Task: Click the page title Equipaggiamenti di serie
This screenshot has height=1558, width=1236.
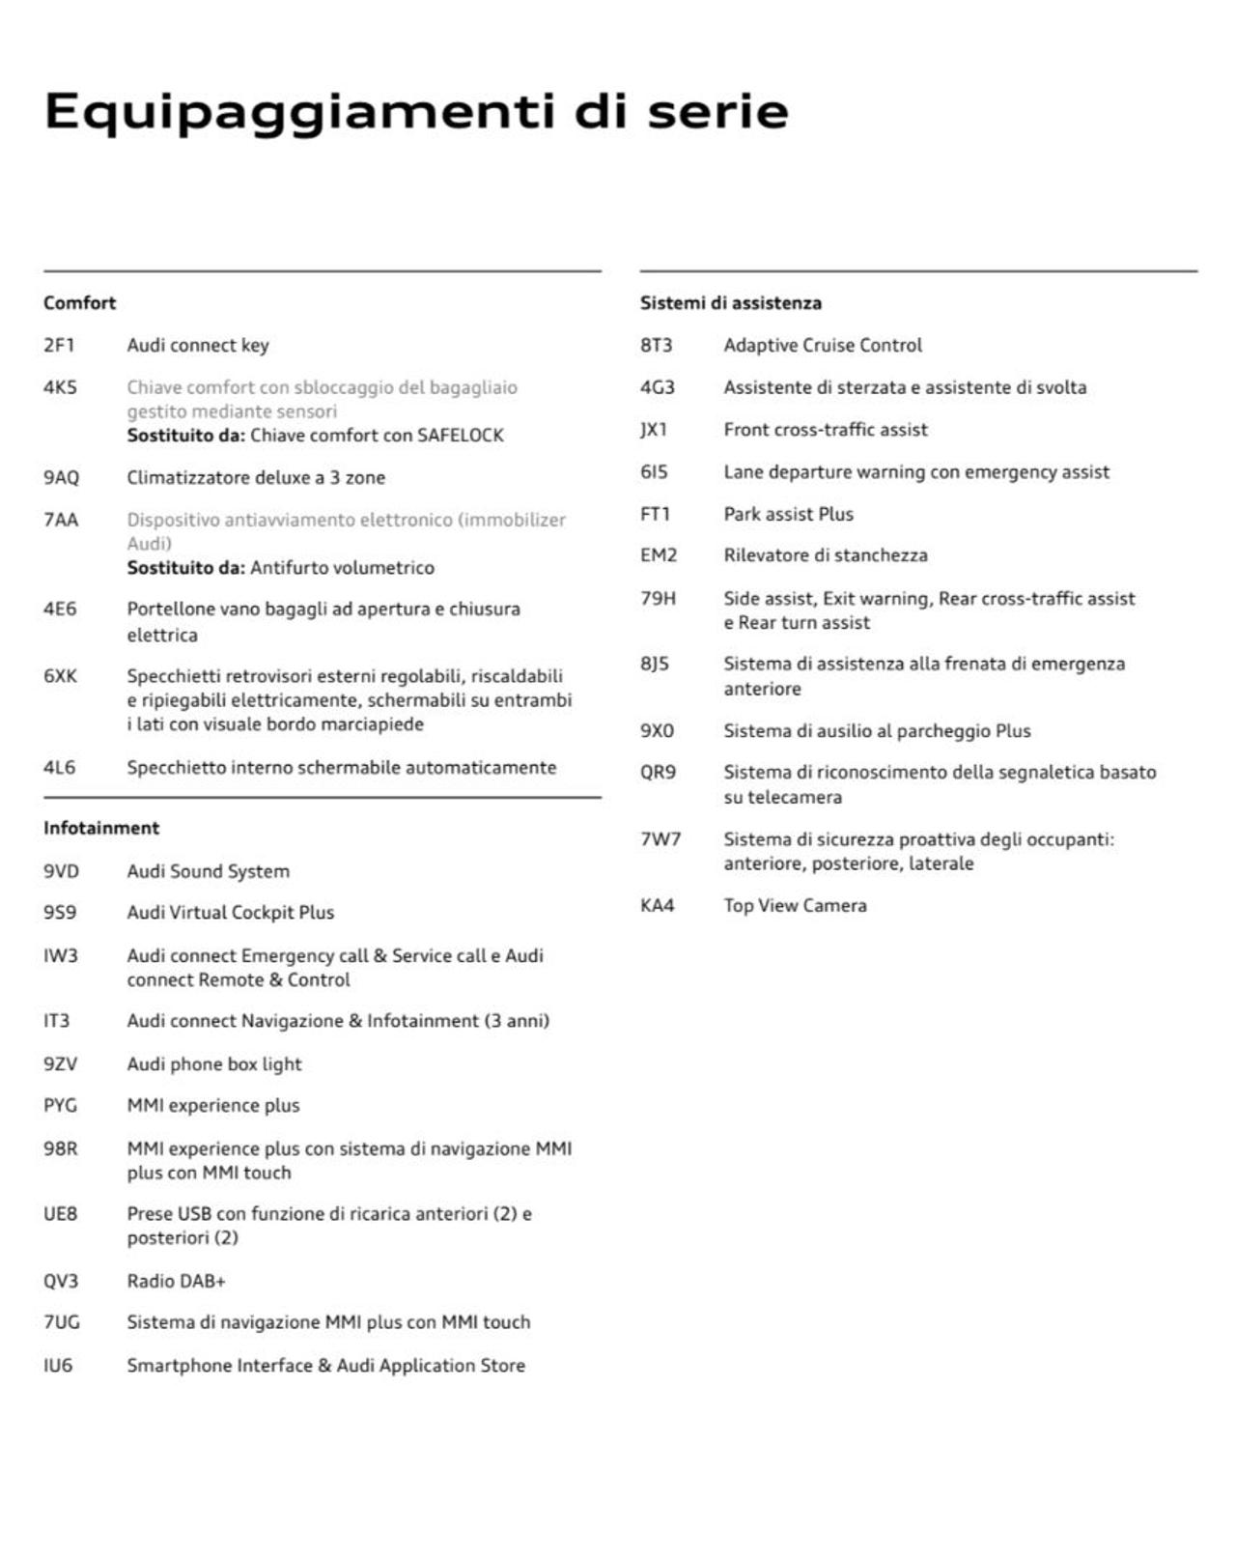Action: pos(416,112)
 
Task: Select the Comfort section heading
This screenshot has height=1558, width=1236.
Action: pos(79,302)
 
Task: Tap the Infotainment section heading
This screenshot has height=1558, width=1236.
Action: pos(101,828)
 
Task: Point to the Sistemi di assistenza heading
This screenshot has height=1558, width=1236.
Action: pos(730,302)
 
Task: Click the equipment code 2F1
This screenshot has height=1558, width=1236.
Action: pos(59,345)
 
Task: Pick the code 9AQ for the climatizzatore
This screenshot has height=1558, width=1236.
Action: pos(61,477)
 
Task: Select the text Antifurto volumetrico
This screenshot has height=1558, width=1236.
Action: pos(342,567)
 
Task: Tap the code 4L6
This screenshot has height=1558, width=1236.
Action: pos(59,767)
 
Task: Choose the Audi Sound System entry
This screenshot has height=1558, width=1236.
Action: pos(208,870)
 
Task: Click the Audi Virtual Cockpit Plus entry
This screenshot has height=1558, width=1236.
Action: pos(230,912)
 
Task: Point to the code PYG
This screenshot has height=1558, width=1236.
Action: pos(60,1105)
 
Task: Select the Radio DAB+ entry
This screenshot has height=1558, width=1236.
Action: pos(176,1281)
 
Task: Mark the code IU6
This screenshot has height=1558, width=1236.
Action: pos(58,1365)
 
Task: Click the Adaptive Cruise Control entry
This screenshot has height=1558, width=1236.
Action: pos(823,345)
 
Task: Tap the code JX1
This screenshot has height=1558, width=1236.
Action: pos(654,429)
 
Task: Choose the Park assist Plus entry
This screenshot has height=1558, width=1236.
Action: pos(788,514)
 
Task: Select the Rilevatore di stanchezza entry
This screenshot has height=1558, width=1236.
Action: pos(825,555)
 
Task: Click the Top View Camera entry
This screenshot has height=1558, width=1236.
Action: pos(795,905)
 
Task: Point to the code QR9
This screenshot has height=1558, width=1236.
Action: pos(658,772)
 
